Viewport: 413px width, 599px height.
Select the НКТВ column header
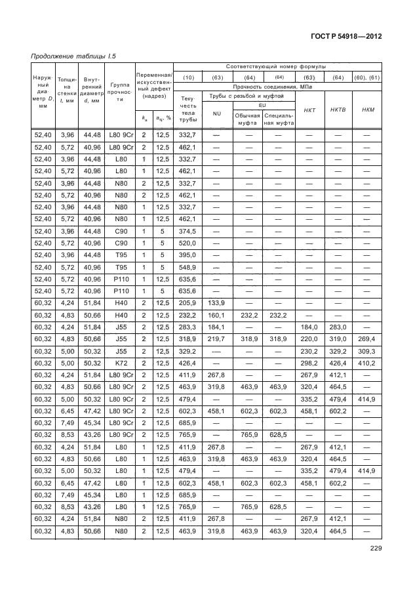(338, 110)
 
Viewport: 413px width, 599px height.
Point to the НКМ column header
(368, 110)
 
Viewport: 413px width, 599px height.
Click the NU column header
(216, 114)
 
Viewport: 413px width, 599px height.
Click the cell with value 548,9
(188, 268)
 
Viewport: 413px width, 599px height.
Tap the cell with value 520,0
(188, 242)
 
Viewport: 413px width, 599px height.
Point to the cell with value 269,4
(368, 339)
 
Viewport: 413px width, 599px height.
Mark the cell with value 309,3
(368, 351)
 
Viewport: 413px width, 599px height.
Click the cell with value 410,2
(368, 362)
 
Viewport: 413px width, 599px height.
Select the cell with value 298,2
(308, 362)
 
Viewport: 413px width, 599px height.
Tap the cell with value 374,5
(188, 231)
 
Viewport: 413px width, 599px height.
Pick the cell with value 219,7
(216, 339)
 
